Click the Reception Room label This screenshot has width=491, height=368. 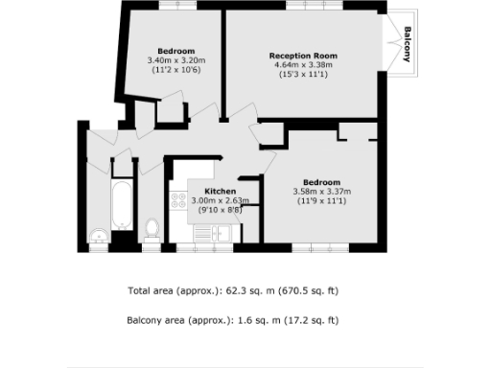[x=304, y=55]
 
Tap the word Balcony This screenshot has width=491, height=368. [x=408, y=44]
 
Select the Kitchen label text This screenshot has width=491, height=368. [x=220, y=191]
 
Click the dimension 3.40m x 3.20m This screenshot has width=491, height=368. [x=176, y=60]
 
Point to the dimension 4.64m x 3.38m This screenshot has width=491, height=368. [x=304, y=64]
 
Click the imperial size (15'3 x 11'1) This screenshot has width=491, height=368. [x=304, y=74]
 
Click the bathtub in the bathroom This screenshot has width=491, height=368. [x=122, y=203]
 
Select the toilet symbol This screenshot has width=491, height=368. [x=151, y=228]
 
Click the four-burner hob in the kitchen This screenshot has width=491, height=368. [x=177, y=202]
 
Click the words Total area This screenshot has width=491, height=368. [x=152, y=290]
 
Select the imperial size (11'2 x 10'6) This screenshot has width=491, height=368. [x=176, y=70]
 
